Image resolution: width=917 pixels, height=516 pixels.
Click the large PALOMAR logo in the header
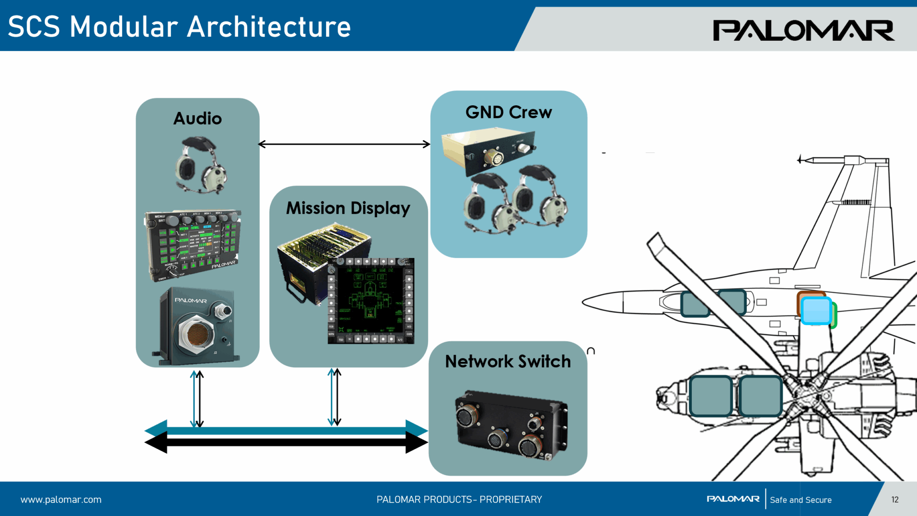[803, 30]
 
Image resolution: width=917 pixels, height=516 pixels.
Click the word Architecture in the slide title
[269, 27]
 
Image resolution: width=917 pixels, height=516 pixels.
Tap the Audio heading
[197, 119]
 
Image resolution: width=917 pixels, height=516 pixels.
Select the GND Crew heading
[509, 112]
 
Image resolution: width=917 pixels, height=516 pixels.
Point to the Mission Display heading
[348, 208]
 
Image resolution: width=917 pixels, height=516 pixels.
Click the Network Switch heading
[508, 361]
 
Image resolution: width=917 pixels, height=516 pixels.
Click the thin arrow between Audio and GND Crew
[344, 144]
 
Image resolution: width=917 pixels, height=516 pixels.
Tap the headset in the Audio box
[201, 166]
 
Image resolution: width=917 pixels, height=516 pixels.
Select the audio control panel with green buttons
[193, 244]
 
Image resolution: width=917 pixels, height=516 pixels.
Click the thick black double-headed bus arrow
[287, 443]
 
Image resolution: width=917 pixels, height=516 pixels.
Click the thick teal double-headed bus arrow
[287, 430]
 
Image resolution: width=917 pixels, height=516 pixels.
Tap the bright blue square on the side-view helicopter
[816, 310]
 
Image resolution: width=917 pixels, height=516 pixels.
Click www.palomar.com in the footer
[61, 499]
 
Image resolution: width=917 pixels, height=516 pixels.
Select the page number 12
[895, 499]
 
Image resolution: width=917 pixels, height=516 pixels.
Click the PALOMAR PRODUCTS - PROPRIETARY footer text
[459, 499]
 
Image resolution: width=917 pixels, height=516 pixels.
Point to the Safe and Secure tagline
[801, 500]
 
